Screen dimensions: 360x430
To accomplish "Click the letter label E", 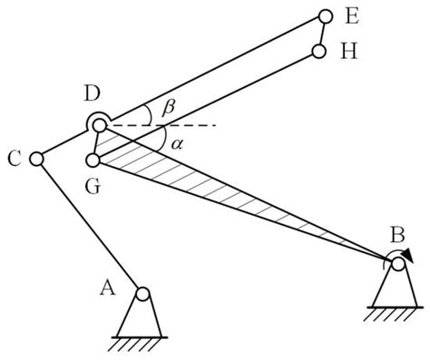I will (x=352, y=15).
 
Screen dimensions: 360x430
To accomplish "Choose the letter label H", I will (x=349, y=52).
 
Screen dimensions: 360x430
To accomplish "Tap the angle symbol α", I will (x=163, y=141).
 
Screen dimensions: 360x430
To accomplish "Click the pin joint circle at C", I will (x=36, y=159).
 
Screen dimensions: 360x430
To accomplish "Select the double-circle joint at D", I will (x=98, y=124).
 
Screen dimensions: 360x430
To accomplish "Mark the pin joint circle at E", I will (x=325, y=16).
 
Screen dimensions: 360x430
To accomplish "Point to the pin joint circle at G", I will (x=93, y=161).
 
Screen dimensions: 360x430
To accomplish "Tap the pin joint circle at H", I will (x=318, y=52).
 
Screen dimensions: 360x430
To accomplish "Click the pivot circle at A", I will (x=142, y=293).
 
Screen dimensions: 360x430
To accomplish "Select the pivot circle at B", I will (x=397, y=264).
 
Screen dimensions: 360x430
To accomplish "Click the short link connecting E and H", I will (x=321, y=34).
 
